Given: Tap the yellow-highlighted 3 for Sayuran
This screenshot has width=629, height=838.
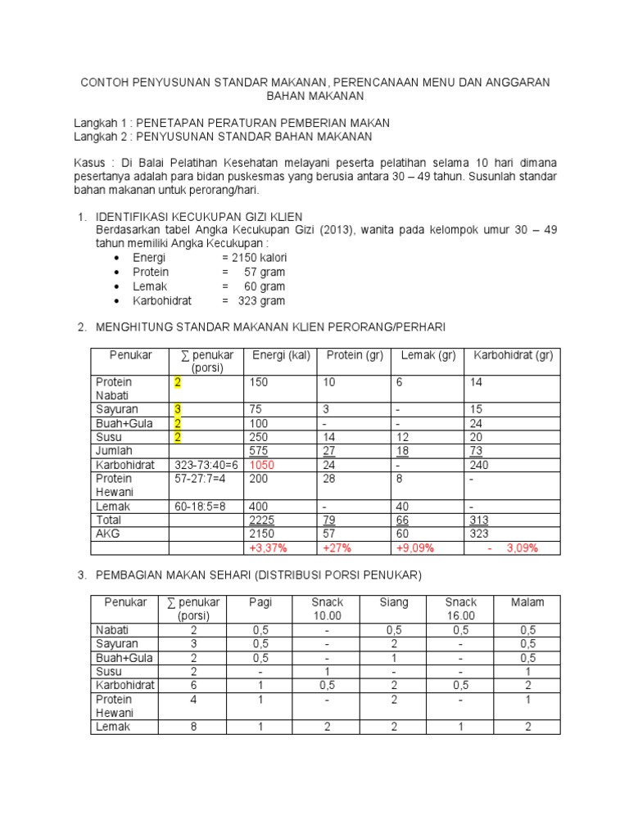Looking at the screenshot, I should pos(177,409).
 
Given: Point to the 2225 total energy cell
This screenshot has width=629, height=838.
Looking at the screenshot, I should pos(262,520).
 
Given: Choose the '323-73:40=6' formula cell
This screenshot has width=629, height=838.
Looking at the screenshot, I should pos(206,465).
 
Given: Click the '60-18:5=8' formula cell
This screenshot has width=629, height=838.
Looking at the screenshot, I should pos(201,507).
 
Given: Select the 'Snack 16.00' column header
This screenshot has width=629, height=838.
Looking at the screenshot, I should pos(459,609).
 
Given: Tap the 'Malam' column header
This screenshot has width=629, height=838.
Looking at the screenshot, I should pos(527,602).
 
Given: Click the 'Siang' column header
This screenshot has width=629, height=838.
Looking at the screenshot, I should pos(393,602).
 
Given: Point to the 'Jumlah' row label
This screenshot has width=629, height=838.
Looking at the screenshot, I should pos(114,451).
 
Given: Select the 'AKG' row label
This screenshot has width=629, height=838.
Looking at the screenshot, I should pos(107,534).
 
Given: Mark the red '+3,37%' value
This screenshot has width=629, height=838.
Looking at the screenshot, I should pos(269,548).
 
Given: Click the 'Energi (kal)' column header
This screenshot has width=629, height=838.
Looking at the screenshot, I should pos(281,354).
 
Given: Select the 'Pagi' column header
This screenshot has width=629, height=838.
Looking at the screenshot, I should pos(260,602).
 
